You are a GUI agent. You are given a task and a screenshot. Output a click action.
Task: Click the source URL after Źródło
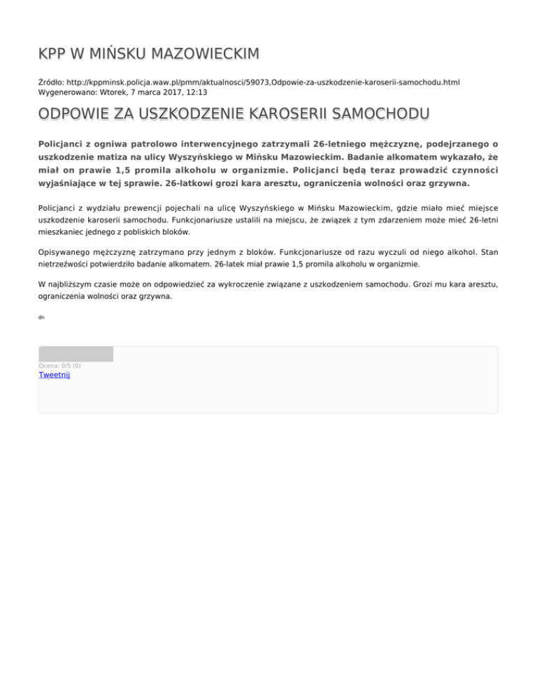click(262, 82)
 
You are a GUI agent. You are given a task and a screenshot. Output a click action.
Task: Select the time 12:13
click(196, 92)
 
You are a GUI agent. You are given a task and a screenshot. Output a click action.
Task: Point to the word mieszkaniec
click(62, 231)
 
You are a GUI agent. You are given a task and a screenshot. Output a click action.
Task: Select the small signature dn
click(42, 318)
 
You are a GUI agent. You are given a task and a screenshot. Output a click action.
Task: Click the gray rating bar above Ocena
click(76, 354)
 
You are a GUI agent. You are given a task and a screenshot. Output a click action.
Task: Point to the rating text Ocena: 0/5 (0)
click(59, 366)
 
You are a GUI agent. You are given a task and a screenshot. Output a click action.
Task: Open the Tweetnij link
click(54, 375)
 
